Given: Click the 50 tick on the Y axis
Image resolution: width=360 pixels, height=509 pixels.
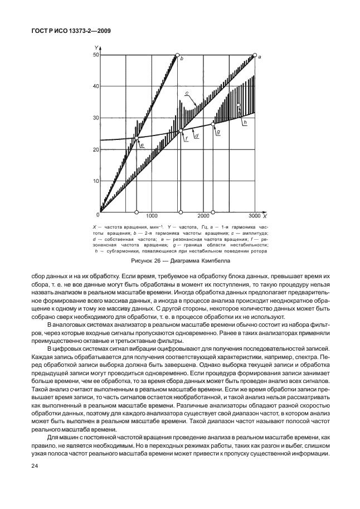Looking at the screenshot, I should coord(96,55).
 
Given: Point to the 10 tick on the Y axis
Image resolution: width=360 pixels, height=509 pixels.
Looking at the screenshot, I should coord(96,182).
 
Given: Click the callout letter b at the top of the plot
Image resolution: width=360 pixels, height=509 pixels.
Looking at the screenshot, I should coord(182,58).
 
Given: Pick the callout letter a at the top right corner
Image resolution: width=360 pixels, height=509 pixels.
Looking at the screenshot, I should coord(260,57).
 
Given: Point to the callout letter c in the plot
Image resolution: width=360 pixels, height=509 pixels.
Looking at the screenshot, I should coord(187,93).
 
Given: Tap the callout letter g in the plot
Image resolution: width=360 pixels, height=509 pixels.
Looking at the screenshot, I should coord(218,132).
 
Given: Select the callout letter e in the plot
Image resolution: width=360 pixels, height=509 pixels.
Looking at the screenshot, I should coord(143,146).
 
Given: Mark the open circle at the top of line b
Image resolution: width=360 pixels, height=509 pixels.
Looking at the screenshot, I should coord(178,55).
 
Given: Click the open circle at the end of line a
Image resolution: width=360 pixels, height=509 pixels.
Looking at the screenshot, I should coord(255,55).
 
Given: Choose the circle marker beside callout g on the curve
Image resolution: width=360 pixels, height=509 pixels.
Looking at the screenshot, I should coord(212,124).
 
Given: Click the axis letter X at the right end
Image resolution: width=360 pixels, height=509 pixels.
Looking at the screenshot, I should coord(264,216).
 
